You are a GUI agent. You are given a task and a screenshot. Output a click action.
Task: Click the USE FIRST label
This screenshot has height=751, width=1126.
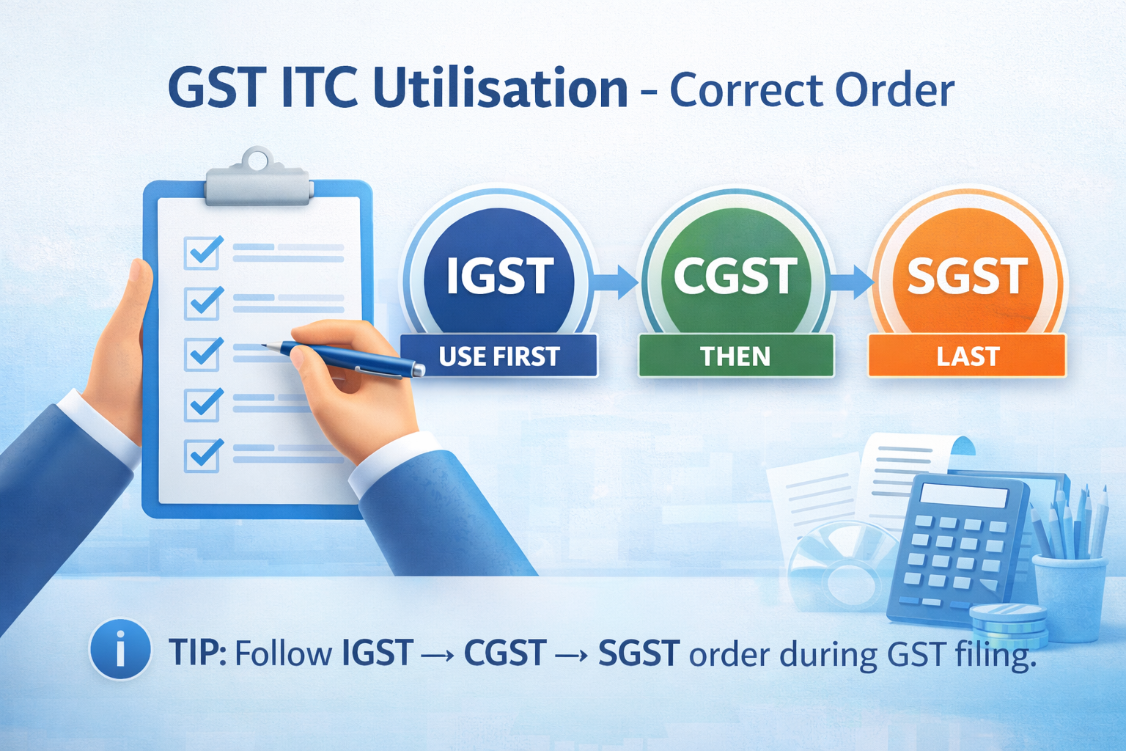click(x=499, y=356)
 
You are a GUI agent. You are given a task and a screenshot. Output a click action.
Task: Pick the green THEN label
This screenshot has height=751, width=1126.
click(x=736, y=356)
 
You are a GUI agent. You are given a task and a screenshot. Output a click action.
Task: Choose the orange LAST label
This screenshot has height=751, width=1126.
click(x=967, y=356)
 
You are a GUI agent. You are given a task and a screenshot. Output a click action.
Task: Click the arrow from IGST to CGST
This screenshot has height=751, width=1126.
click(x=616, y=282)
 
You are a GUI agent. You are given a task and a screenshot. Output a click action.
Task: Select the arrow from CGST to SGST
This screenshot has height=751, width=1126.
click(x=851, y=282)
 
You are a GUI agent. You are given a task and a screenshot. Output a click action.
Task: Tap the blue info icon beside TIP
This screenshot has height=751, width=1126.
click(x=119, y=650)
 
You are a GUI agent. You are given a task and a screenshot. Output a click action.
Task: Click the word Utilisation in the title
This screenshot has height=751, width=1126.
click(x=500, y=89)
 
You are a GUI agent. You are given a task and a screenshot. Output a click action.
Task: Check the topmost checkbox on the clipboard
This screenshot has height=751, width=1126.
click(x=203, y=252)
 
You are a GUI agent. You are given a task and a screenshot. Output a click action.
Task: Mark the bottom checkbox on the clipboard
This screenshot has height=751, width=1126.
click(x=203, y=455)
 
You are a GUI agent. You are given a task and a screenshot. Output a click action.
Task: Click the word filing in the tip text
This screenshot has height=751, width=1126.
click(x=996, y=654)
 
